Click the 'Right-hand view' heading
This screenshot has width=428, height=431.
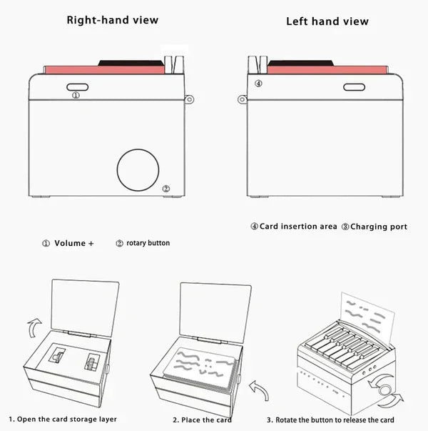click(113, 20)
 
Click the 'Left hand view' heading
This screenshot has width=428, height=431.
click(327, 21)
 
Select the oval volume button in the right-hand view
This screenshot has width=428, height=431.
click(77, 87)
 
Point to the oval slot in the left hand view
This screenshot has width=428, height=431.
click(355, 87)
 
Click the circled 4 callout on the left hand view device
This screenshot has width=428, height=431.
click(258, 84)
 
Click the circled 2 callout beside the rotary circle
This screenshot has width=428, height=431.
click(166, 189)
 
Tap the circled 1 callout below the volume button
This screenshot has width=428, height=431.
click(76, 95)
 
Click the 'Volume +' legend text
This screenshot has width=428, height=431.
click(74, 243)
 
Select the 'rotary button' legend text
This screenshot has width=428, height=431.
click(148, 243)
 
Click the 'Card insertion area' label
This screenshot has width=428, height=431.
click(298, 227)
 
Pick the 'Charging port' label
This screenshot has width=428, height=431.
click(379, 227)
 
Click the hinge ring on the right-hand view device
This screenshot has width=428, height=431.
click(189, 99)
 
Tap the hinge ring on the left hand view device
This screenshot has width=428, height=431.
click(242, 99)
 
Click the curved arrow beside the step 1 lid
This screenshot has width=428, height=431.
click(33, 326)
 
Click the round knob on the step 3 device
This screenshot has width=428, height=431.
click(384, 390)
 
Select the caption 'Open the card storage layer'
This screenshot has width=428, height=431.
click(67, 419)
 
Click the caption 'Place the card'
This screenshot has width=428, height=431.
click(207, 420)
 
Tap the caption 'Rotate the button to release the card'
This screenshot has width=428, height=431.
click(335, 420)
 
